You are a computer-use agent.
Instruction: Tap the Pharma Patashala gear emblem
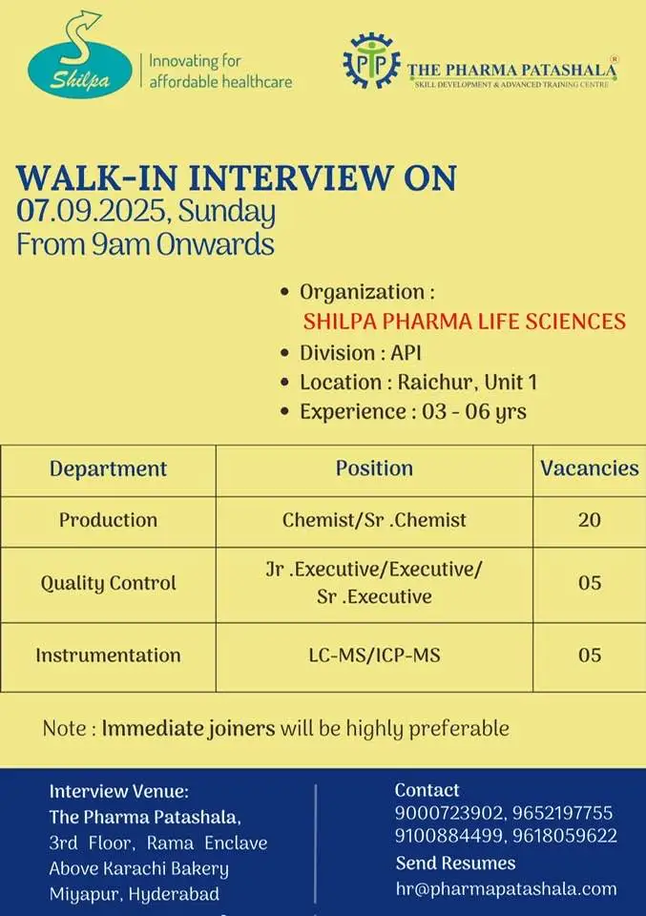point(371,61)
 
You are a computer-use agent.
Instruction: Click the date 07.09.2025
point(91,211)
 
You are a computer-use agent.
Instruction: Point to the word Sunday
point(227,213)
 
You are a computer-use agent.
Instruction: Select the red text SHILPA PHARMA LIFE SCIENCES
point(465,322)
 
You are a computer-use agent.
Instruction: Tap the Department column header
point(108,468)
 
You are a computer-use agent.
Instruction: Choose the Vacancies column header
point(590,468)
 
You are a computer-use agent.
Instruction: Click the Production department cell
point(108,520)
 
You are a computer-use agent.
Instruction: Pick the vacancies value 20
point(590,520)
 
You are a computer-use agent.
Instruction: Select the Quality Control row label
point(108,583)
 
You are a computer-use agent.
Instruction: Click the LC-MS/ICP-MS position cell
point(374,655)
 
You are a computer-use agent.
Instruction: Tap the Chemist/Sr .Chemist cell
point(374,520)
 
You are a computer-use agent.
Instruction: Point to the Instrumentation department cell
point(108,655)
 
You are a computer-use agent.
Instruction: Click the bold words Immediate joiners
point(188,728)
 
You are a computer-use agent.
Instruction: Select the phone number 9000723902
point(448,813)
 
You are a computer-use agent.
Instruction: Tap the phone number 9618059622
point(565,836)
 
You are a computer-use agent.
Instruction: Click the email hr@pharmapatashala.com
point(507,889)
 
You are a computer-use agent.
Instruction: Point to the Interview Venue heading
point(119,792)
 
